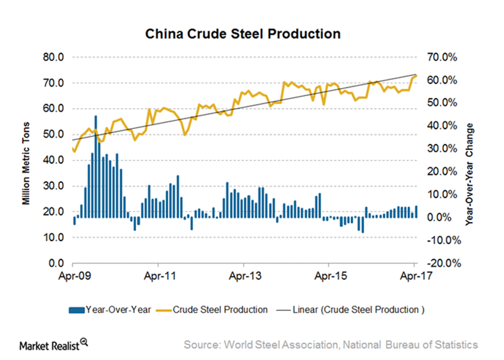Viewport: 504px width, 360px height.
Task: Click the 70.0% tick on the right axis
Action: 441,58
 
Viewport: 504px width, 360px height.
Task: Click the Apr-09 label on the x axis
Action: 73,277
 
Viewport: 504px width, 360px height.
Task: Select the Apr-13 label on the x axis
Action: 243,277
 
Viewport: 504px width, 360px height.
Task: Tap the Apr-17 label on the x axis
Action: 414,277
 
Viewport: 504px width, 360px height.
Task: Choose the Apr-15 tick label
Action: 329,277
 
